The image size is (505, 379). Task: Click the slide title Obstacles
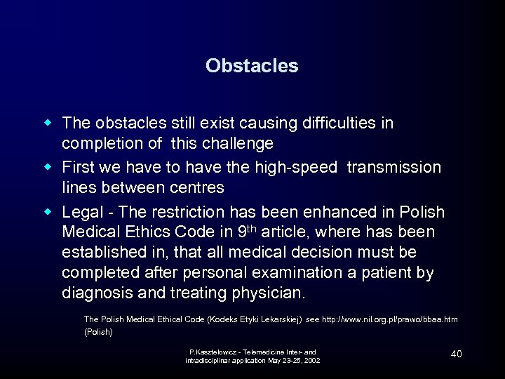(252, 66)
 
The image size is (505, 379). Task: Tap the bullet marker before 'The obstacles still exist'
(49, 123)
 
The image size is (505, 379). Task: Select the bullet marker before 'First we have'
(49, 167)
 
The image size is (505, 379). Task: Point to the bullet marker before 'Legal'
(49, 211)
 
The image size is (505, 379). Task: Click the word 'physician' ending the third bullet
(264, 293)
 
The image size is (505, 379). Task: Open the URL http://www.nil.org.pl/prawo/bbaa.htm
(389, 319)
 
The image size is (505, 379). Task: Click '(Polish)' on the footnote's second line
(98, 332)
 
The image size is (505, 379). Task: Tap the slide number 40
(456, 354)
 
